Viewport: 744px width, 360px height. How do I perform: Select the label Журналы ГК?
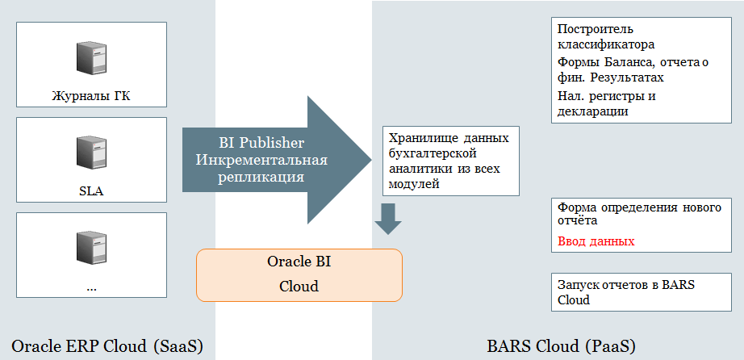click(90, 97)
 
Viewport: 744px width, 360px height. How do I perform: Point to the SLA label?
click(90, 191)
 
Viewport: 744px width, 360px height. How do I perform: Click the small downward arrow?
click(389, 218)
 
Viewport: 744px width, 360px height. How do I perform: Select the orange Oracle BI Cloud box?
click(299, 274)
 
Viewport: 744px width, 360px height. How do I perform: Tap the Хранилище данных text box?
click(449, 161)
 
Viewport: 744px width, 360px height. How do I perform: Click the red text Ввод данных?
click(596, 241)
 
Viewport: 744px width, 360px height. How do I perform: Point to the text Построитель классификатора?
click(606, 37)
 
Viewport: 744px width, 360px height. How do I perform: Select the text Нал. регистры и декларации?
click(606, 104)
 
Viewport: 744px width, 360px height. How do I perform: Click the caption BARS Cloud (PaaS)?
click(562, 346)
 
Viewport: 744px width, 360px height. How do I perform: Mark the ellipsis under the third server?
click(90, 286)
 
